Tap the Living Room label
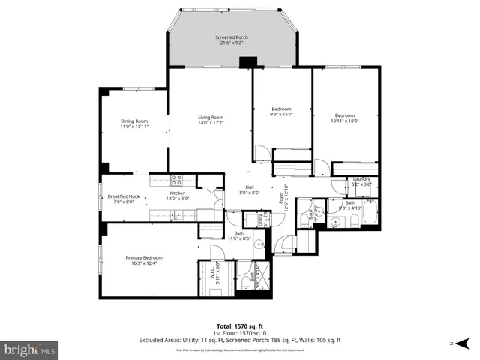211,117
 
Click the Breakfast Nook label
122,196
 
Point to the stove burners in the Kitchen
177,180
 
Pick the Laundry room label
362,178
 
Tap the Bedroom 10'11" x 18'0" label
344,115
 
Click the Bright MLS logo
30,349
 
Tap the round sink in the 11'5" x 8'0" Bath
259,244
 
